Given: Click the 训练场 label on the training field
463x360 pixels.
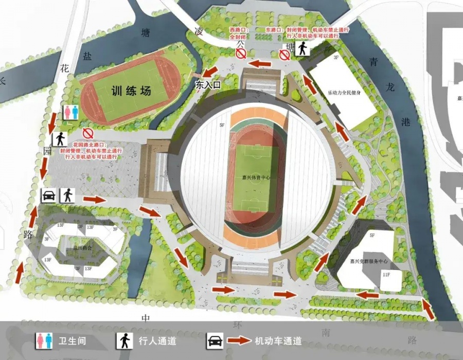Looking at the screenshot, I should pos(131,92).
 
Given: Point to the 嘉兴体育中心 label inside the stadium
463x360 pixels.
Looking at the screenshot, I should pos(256,177).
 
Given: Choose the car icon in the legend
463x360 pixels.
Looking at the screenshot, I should pos(214,340).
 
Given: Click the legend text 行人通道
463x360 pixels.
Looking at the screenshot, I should pos(157,340).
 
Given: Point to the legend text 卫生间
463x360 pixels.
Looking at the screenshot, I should pos(72,340).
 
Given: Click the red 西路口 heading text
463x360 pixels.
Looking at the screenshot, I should pos(240,31).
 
